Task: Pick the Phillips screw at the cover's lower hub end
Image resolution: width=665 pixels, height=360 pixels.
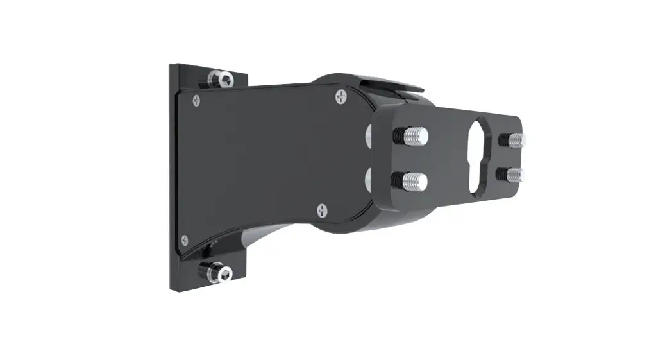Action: [322, 209]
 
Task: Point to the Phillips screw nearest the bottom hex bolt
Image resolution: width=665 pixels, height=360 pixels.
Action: [185, 239]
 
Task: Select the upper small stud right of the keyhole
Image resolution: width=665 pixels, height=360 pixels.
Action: [516, 139]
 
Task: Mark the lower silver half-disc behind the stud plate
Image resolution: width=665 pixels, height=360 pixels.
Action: [368, 177]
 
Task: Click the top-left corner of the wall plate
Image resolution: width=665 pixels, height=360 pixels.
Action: [172, 65]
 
